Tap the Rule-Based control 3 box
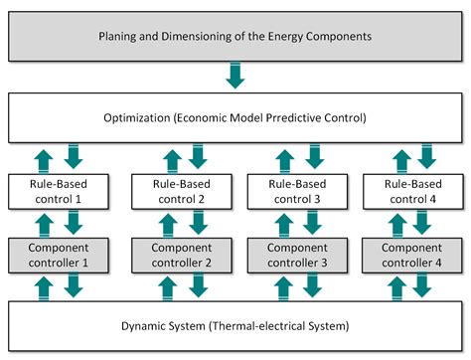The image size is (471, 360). (294, 189)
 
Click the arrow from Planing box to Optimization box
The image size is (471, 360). (236, 76)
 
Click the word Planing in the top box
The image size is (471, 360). (120, 37)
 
